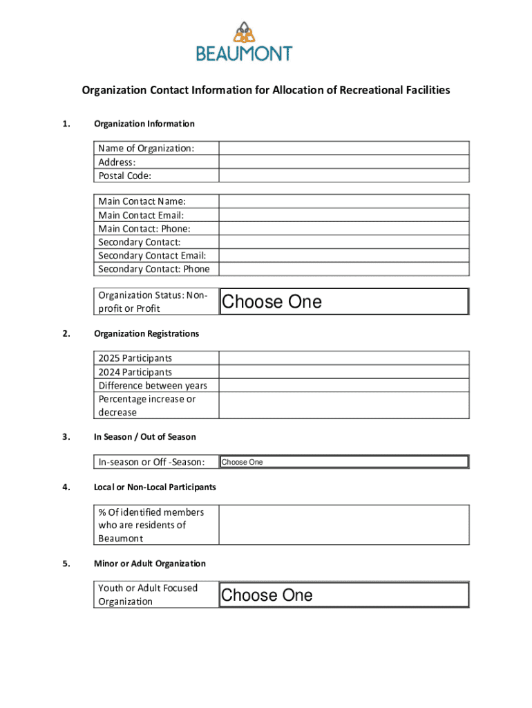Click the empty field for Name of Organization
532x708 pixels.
(x=344, y=148)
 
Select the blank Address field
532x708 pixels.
(x=344, y=162)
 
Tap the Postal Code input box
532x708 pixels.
(x=344, y=176)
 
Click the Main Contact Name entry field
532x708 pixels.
(x=344, y=201)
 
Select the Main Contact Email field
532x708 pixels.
(x=344, y=215)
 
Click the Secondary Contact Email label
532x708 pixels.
(x=152, y=256)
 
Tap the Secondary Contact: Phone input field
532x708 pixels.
(x=344, y=269)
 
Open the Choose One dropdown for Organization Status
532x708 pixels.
(x=344, y=301)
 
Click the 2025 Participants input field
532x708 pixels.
(x=344, y=358)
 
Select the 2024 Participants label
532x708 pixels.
(x=135, y=372)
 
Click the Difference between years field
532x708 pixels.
(x=344, y=385)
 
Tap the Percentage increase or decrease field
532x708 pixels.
(x=344, y=405)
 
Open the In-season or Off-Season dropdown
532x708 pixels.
(x=344, y=462)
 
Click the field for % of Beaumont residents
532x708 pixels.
(x=344, y=525)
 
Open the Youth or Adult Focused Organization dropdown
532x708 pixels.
(x=344, y=595)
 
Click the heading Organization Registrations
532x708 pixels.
(x=146, y=334)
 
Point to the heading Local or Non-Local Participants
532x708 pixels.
(x=155, y=487)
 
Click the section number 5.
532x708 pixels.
(x=66, y=563)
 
